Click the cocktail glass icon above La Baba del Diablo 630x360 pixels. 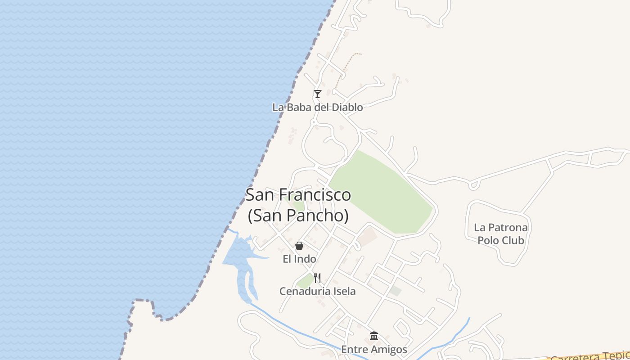tap(318, 94)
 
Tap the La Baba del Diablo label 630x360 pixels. tap(317, 107)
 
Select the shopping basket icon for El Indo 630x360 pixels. tap(299, 246)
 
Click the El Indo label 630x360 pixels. tap(299, 259)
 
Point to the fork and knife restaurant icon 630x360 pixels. tap(317, 278)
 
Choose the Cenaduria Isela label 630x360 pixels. tap(317, 291)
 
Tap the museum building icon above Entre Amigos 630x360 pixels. tap(374, 336)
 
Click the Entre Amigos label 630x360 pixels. tap(374, 350)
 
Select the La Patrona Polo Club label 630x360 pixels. tap(501, 234)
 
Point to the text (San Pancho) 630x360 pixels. tap(298, 216)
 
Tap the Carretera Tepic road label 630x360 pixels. tap(589, 356)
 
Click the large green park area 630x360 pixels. tap(382, 193)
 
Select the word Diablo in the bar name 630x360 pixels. tap(347, 107)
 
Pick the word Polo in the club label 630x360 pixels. tap(488, 240)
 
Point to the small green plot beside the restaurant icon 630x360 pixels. tap(306, 282)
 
